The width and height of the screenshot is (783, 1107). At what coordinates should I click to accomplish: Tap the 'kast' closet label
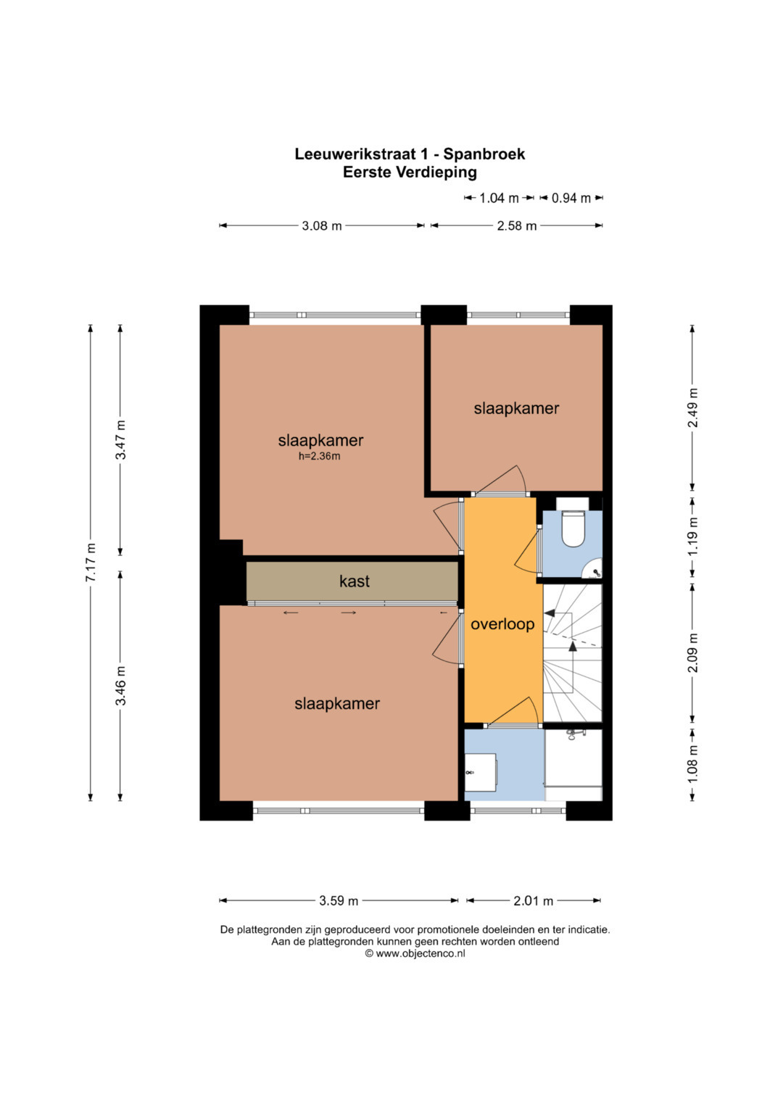(x=355, y=581)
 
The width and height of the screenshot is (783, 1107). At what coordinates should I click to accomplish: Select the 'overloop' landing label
(x=502, y=624)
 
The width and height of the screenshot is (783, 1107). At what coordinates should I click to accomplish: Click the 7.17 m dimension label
(x=91, y=562)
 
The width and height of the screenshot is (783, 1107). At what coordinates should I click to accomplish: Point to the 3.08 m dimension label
(x=322, y=226)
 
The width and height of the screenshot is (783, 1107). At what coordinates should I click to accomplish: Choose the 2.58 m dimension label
(x=516, y=226)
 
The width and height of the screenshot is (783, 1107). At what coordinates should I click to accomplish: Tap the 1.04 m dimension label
(x=499, y=198)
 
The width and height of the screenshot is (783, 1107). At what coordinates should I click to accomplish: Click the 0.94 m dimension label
(x=571, y=198)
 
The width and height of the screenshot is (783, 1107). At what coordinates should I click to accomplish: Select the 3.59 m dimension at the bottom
(x=339, y=900)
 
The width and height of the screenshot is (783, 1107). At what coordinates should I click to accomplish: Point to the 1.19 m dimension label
(x=693, y=536)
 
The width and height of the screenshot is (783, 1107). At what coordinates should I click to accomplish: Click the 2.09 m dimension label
(x=693, y=652)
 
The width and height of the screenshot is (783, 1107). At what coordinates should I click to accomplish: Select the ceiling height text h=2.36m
(x=319, y=456)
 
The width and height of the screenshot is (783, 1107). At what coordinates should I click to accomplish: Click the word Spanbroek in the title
(x=484, y=154)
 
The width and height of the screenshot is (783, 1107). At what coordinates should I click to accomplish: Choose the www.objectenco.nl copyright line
(x=415, y=953)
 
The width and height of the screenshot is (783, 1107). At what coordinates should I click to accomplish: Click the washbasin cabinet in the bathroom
(x=481, y=772)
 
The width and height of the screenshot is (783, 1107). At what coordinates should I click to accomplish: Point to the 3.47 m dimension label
(x=120, y=440)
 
